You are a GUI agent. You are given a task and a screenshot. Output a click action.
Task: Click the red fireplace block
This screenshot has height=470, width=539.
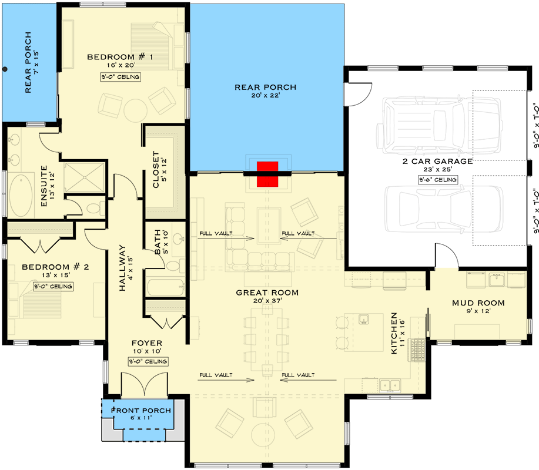267,174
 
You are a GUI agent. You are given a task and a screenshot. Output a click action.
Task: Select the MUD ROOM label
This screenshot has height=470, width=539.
478,303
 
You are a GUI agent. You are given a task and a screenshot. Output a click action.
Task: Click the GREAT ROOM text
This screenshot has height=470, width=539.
267,292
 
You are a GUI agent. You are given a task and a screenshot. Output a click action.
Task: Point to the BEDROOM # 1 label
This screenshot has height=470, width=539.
120,57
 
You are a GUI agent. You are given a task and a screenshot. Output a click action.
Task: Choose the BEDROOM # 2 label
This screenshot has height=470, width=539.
55,267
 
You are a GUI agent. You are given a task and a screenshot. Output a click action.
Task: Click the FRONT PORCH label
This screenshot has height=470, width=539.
143,410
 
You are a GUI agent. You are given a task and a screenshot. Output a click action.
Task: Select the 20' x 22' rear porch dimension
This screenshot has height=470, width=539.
265,98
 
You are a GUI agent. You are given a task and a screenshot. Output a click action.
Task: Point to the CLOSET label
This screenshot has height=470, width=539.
156,170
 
